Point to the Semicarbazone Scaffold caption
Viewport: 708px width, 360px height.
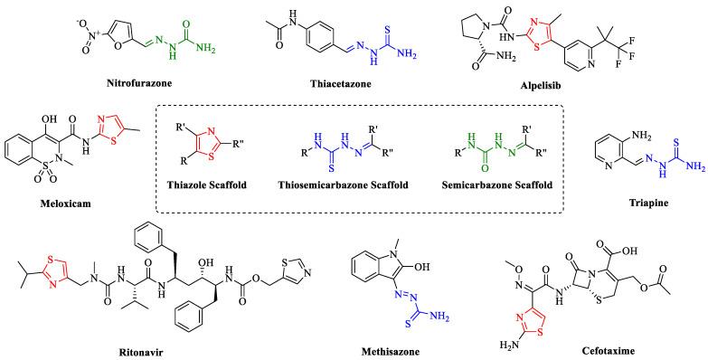pos(496,185)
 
